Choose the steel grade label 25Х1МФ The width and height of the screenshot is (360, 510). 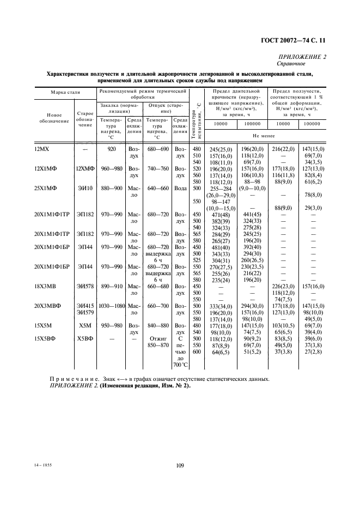46,187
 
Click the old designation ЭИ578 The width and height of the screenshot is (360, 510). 84,286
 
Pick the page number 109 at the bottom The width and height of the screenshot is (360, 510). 180,465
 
